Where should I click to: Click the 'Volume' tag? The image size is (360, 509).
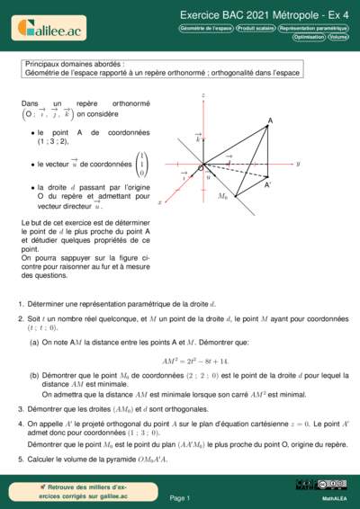tap(338, 37)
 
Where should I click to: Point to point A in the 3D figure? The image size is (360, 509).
tap(270, 121)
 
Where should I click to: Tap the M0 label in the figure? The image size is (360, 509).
tap(223, 195)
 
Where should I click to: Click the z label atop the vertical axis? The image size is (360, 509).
tap(204, 94)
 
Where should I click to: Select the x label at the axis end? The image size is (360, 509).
tap(159, 203)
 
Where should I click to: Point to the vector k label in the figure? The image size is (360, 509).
tap(198, 139)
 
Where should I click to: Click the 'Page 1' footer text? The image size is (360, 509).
tap(180, 496)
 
